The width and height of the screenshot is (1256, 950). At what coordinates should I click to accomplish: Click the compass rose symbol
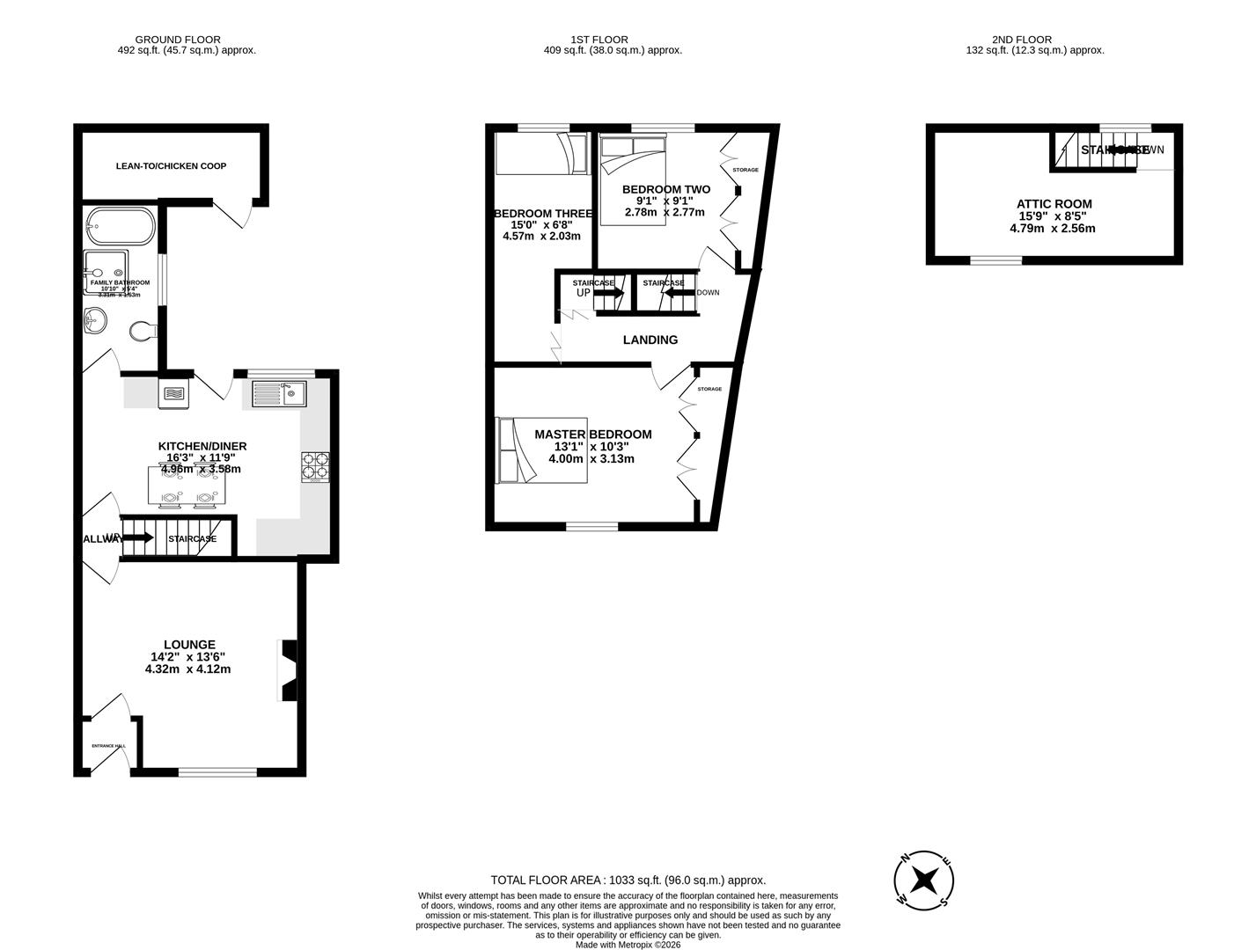924,879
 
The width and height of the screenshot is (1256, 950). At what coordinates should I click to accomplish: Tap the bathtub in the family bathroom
121,227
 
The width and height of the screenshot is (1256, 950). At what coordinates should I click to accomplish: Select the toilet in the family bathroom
142,332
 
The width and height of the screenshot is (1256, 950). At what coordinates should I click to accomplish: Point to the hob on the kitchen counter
315,466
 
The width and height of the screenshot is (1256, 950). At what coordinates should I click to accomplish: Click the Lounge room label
188,645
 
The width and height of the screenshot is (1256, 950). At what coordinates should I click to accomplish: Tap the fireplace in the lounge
287,669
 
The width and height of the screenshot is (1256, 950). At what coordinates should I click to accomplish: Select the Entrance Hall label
108,746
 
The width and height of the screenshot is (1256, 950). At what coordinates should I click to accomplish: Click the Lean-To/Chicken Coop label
171,166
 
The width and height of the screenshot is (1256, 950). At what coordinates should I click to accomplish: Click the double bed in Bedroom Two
632,180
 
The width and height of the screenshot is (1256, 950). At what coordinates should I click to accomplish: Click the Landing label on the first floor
650,340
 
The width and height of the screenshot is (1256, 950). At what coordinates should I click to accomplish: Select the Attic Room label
1054,204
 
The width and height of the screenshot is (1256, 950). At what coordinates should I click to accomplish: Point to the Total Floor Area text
628,880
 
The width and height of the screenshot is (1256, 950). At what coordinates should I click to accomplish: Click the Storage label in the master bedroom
709,389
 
